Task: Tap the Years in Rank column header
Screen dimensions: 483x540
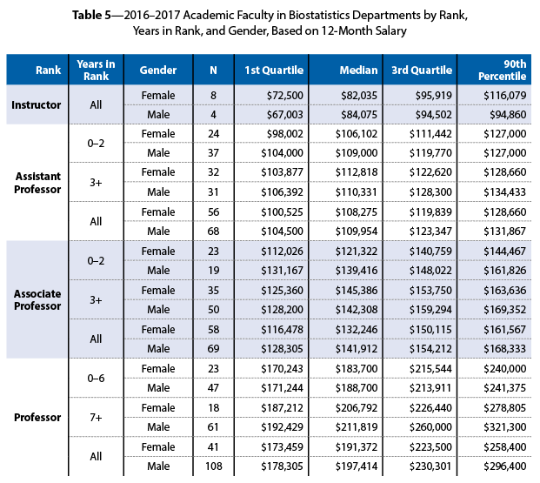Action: pyautogui.click(x=96, y=70)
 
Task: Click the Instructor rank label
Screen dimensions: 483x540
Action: pyautogui.click(x=36, y=105)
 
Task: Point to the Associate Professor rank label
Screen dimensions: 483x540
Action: pyautogui.click(x=36, y=299)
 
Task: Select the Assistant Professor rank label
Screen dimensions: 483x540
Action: pyautogui.click(x=36, y=182)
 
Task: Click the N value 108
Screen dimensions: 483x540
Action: pyautogui.click(x=213, y=466)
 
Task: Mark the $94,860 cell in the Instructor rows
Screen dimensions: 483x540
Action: pyautogui.click(x=505, y=114)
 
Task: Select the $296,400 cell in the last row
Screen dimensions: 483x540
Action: pyautogui.click(x=505, y=466)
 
